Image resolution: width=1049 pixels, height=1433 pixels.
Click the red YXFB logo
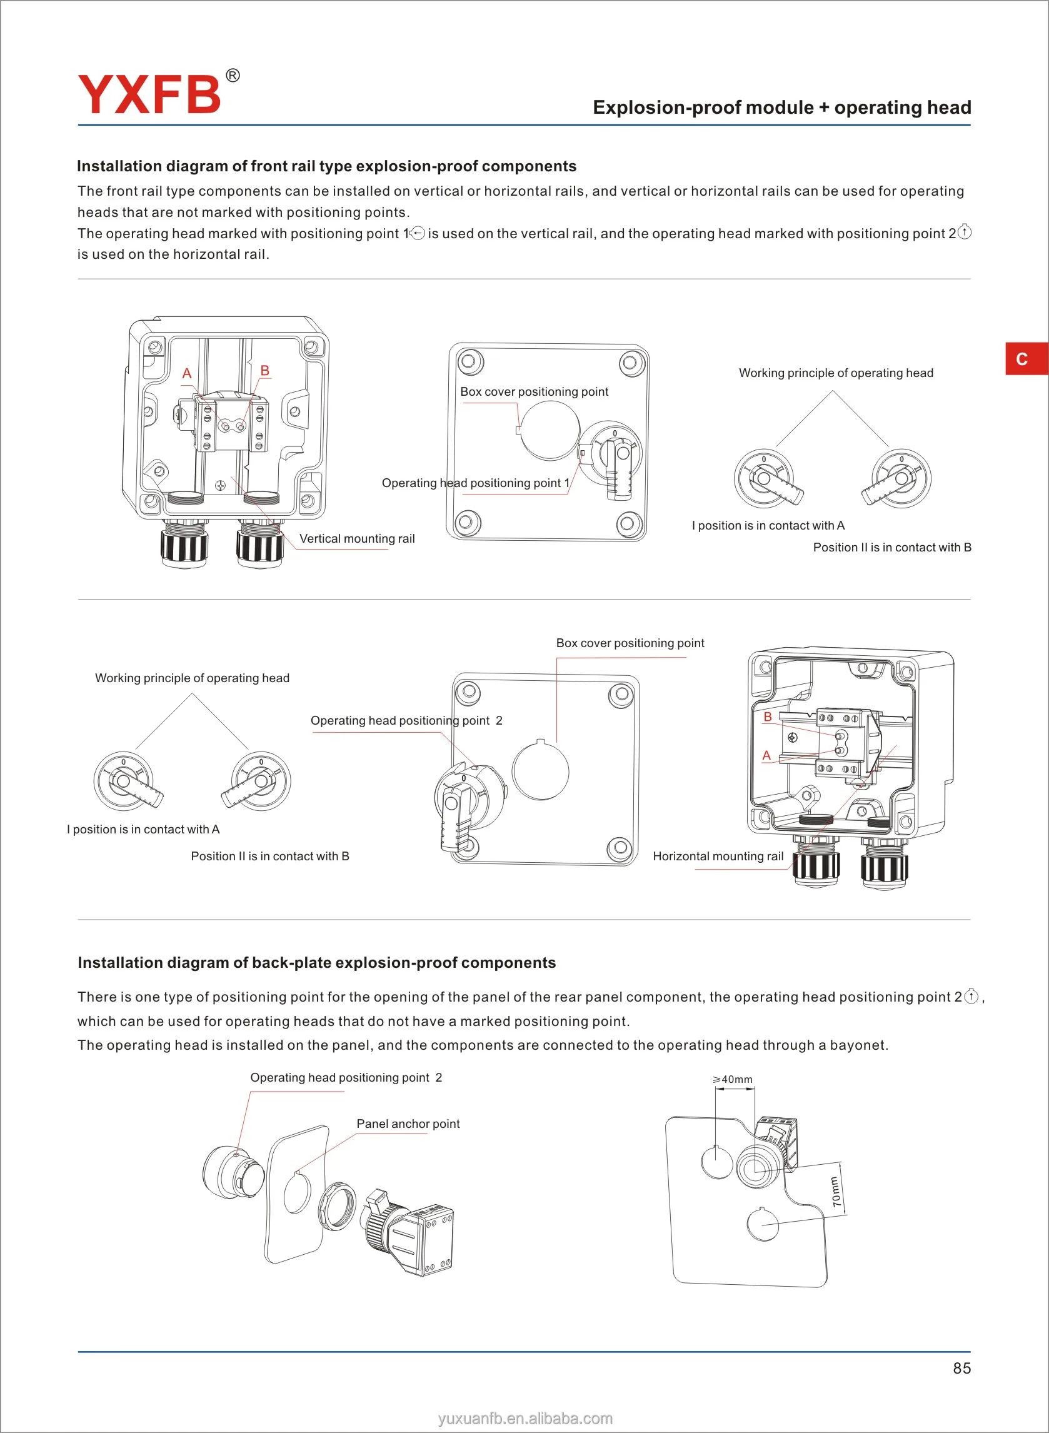[x=149, y=94]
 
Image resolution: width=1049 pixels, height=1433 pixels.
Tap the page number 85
[x=961, y=1368]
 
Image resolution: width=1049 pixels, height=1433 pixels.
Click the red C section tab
[x=1021, y=359]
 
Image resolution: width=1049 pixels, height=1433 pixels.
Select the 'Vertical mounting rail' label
[x=357, y=538]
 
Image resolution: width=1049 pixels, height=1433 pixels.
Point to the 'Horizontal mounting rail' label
[x=718, y=856]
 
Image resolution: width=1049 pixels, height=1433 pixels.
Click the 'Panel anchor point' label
[x=408, y=1124]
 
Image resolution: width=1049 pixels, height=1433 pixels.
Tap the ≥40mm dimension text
[x=733, y=1079]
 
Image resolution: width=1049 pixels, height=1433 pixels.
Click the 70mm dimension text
[x=836, y=1192]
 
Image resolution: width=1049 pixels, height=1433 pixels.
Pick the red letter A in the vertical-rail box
[x=187, y=373]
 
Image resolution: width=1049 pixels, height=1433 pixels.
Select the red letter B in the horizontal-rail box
[x=768, y=717]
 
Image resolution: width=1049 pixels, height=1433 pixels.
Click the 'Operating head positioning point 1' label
[x=475, y=483]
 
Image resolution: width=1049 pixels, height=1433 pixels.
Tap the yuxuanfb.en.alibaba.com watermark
[x=525, y=1419]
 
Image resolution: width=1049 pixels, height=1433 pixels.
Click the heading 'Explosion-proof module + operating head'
[x=781, y=108]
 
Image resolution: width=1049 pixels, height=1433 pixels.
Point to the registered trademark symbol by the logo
[x=233, y=76]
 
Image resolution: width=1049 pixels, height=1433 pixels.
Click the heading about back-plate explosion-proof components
[x=316, y=963]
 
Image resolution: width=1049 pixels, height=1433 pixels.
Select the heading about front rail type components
[x=326, y=166]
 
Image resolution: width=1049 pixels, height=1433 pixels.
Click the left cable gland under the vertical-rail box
[x=184, y=544]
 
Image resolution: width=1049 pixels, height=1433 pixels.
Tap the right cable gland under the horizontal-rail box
[x=884, y=864]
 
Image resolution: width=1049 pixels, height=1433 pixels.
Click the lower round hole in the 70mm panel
[x=762, y=1224]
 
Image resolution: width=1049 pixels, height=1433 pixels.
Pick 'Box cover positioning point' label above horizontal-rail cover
[x=630, y=643]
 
